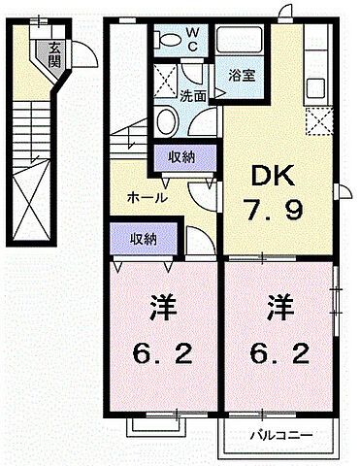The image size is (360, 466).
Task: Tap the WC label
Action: pos(191,39)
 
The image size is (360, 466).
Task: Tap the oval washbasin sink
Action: pos(166,122)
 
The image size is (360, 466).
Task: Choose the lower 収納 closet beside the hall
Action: pos(140,238)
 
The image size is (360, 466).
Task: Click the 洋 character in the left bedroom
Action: pos(162,313)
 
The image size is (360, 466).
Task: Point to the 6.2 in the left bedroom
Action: pos(162,352)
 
